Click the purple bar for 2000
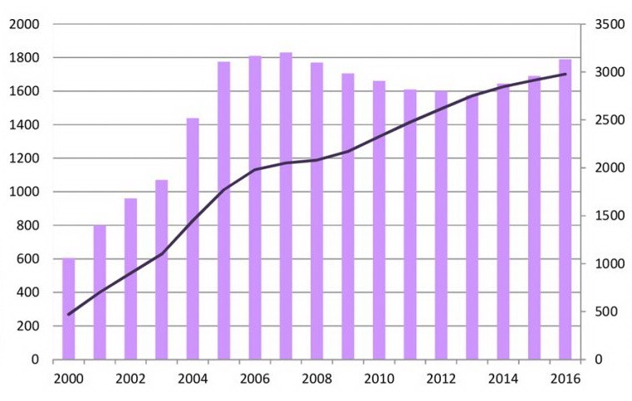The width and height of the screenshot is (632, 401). (69, 309)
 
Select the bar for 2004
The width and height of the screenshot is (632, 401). (193, 239)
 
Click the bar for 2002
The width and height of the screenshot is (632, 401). (131, 279)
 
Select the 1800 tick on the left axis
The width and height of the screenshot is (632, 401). (25, 58)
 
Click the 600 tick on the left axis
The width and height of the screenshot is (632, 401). (29, 259)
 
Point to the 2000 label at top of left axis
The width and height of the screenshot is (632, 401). (25, 25)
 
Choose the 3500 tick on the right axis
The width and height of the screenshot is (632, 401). (607, 25)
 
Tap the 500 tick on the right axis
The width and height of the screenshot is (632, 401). (604, 311)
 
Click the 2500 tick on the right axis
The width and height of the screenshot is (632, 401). (607, 120)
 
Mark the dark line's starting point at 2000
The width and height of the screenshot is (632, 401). (69, 314)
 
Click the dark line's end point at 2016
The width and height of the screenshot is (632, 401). (566, 74)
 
